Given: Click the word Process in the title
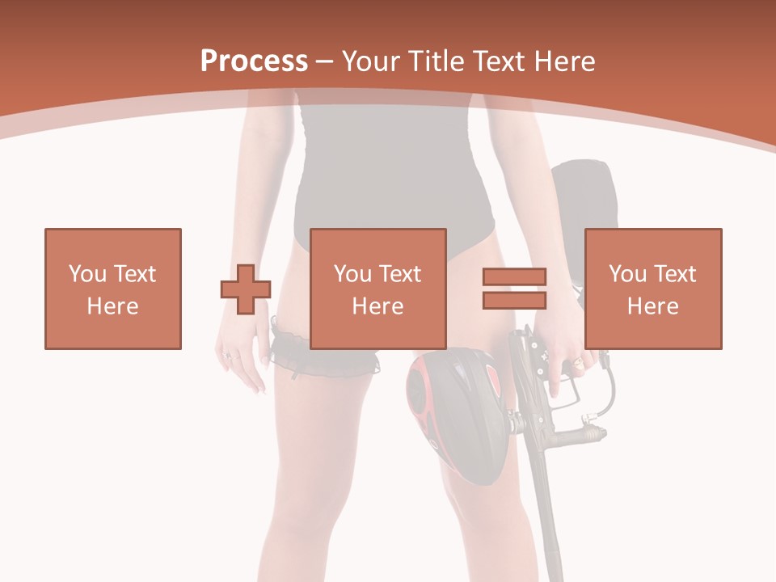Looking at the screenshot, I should [254, 61].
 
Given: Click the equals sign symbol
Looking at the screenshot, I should [514, 289].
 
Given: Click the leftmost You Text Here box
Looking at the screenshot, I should [113, 289].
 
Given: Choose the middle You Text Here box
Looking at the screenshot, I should [378, 289].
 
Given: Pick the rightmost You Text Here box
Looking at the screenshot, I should [653, 289].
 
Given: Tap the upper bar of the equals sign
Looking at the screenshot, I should [514, 277].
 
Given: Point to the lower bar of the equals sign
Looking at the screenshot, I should [514, 300].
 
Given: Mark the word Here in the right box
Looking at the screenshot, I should [653, 306].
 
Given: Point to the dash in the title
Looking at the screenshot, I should [325, 62].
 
